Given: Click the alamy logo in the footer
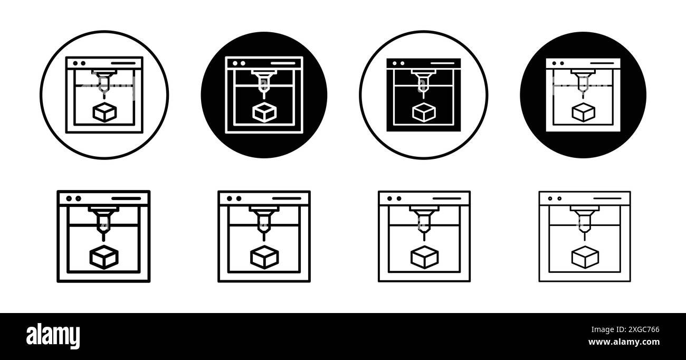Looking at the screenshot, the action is point(53,336).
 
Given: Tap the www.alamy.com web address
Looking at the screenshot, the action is point(624,342).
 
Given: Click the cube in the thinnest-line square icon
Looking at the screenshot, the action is point(585,258).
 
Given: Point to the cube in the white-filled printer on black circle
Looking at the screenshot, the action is point(584,112).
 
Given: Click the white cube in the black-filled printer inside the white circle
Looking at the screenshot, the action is point(424,112).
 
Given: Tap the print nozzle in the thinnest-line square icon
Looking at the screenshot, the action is point(585,221).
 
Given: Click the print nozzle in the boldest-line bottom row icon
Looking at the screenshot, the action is point(103,221).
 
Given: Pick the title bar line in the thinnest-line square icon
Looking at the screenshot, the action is point(607,198).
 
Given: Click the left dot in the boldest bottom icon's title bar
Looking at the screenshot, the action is point(69,198).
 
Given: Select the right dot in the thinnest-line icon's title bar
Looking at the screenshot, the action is point(559,198).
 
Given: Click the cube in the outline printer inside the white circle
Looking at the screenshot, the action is point(104,112).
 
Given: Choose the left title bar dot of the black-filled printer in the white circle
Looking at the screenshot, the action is point(395,63).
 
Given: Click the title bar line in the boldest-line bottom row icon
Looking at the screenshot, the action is point(126,198).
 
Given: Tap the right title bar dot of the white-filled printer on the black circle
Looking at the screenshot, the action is point(562,63).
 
